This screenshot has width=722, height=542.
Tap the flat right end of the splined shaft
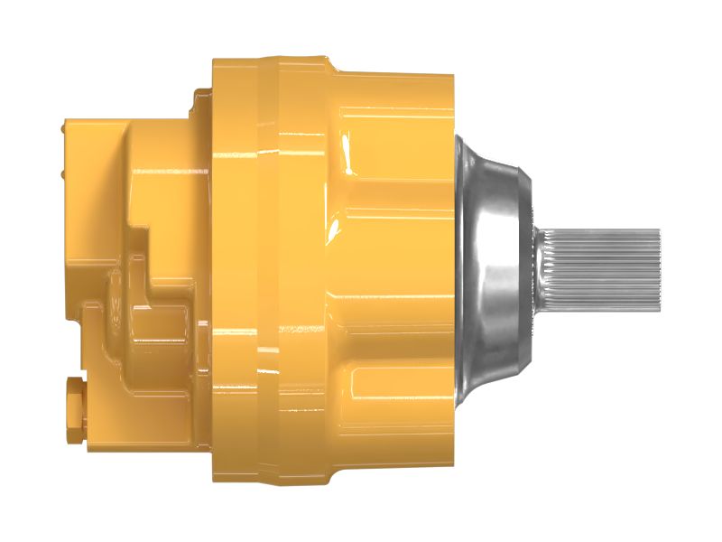pyautogui.click(x=658, y=266)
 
